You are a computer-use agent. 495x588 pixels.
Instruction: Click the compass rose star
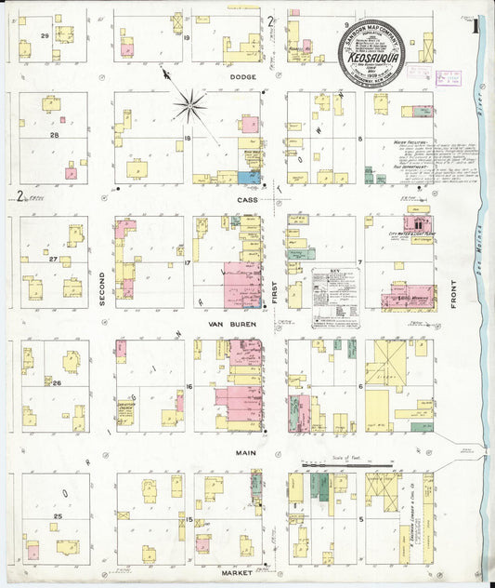(x=190, y=103)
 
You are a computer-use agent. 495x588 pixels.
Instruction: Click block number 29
(x=43, y=35)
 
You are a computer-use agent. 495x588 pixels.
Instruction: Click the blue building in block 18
(x=248, y=177)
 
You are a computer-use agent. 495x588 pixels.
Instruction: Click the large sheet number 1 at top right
(x=475, y=25)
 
